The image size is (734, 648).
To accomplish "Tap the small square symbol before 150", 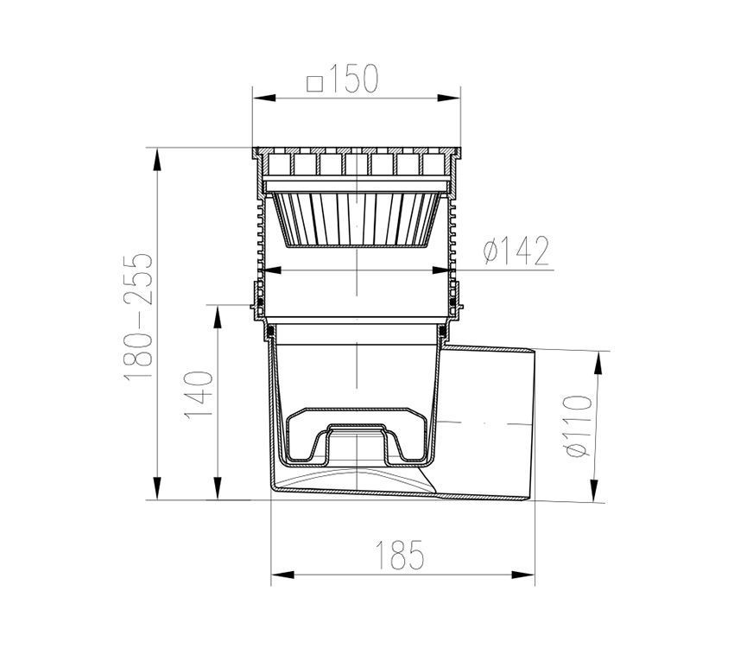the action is point(315,85).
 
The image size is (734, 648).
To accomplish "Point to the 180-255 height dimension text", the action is point(139,317).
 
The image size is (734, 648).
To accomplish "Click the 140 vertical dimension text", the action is point(199,395).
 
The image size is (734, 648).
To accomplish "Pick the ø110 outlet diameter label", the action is point(578,426).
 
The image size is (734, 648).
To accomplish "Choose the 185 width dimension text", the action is point(400,555).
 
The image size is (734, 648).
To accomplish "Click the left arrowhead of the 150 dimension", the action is point(263,98).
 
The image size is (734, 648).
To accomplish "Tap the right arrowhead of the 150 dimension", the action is point(449,98).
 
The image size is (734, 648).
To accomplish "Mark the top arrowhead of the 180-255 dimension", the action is point(157,159).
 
